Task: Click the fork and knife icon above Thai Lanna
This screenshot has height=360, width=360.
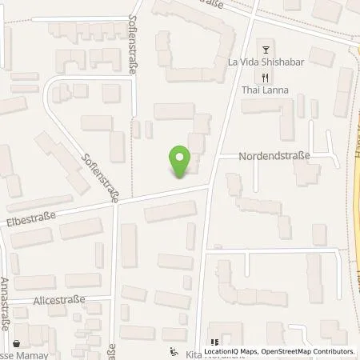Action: (x=264, y=77)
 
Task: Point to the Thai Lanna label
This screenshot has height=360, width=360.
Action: (x=263, y=91)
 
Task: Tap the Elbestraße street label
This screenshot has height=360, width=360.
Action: (x=29, y=217)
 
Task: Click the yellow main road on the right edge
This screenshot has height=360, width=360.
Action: (x=355, y=200)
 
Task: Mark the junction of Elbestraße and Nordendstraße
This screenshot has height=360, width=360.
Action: (x=210, y=184)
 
